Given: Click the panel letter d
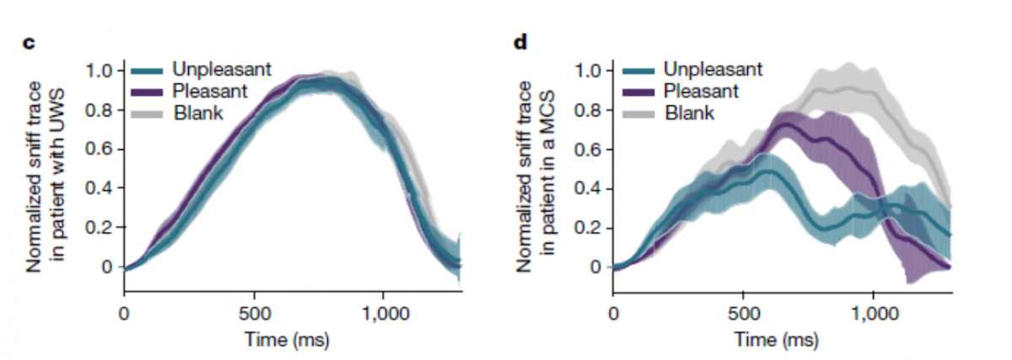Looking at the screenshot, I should coord(520,41).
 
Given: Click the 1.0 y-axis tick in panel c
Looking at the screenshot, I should coord(99,69).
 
